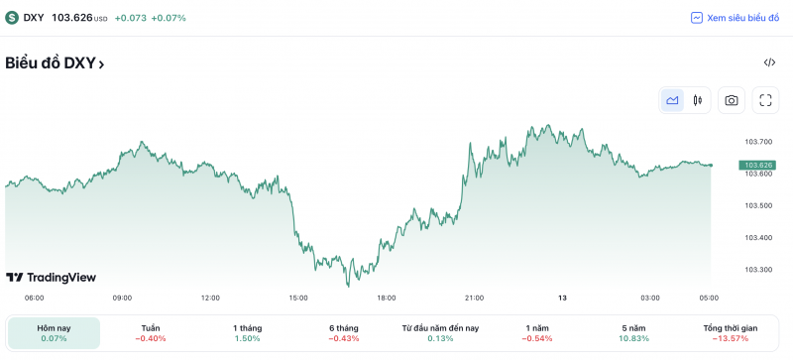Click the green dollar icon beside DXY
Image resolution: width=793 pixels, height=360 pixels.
(x=12, y=18)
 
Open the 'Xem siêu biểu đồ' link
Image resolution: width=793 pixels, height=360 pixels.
(x=736, y=18)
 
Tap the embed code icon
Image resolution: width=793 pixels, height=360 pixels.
(x=769, y=62)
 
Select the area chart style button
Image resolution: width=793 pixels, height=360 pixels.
(x=673, y=100)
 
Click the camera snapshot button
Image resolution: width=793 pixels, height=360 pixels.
(x=732, y=100)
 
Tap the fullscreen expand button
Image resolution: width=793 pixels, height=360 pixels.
(x=765, y=100)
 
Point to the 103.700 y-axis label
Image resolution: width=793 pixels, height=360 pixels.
(x=758, y=142)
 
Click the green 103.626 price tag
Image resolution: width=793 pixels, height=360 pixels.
(x=758, y=165)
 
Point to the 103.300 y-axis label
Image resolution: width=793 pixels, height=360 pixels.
(x=758, y=269)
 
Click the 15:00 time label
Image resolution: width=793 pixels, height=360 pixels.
(x=298, y=298)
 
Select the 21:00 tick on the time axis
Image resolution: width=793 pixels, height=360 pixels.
(x=475, y=298)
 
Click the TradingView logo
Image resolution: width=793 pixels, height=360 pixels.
(x=51, y=278)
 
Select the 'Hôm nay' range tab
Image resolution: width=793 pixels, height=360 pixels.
(x=54, y=333)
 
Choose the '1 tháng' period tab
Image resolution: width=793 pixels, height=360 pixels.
(x=247, y=333)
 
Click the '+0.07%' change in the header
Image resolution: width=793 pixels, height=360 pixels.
(x=169, y=18)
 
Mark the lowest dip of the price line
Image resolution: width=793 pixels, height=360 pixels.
(x=348, y=286)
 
